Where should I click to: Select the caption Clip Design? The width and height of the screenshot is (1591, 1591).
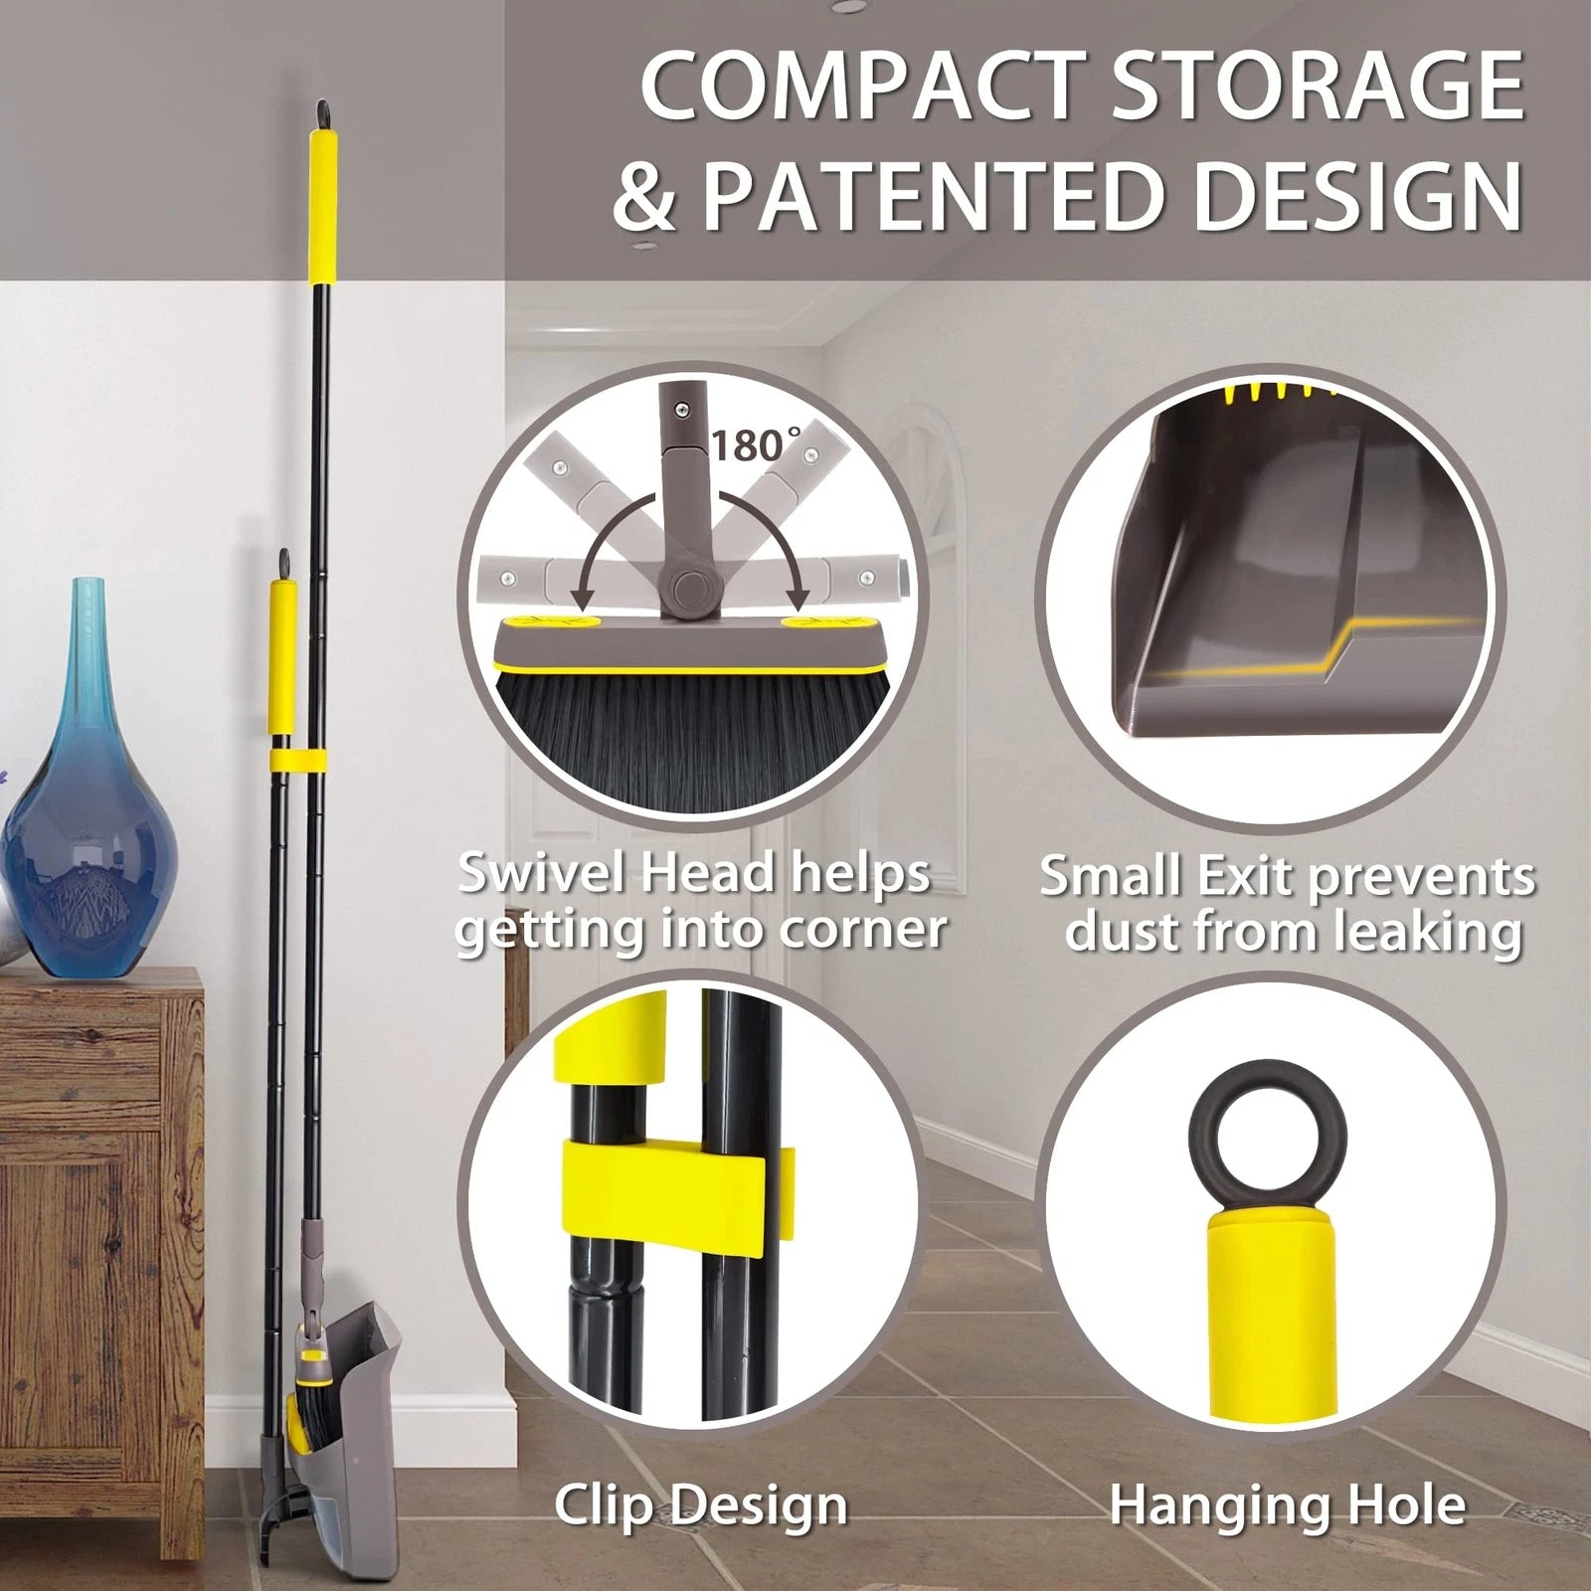pyautogui.click(x=700, y=1504)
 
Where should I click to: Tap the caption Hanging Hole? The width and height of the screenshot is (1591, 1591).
pyautogui.click(x=1287, y=1504)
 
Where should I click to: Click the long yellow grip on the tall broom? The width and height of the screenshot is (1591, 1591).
pyautogui.click(x=322, y=207)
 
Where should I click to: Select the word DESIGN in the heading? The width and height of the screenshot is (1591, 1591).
pyautogui.click(x=1357, y=196)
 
